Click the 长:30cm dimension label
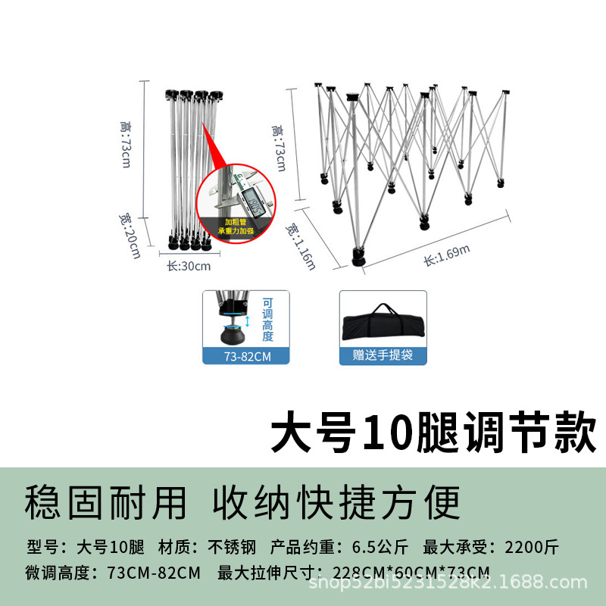[x=189, y=266]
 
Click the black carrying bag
[x=383, y=322]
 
